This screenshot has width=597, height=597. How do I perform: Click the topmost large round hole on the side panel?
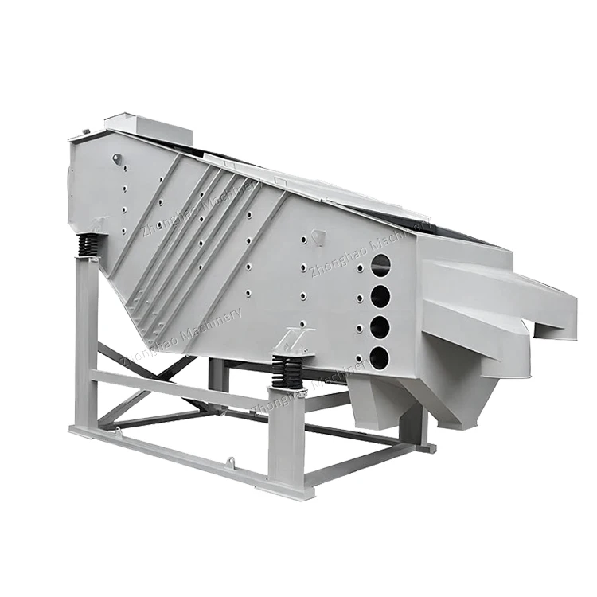coord(380,265)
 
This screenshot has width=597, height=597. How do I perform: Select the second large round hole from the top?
coord(380,296)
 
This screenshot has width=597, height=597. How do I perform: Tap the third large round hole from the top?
coord(380,327)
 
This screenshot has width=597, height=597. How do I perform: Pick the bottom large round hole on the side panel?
coord(380,357)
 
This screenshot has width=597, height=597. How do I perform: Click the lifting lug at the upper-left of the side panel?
coord(118,160)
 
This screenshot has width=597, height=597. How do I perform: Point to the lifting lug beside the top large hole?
coord(318,236)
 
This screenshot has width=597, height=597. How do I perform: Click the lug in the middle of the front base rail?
coord(230,461)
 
